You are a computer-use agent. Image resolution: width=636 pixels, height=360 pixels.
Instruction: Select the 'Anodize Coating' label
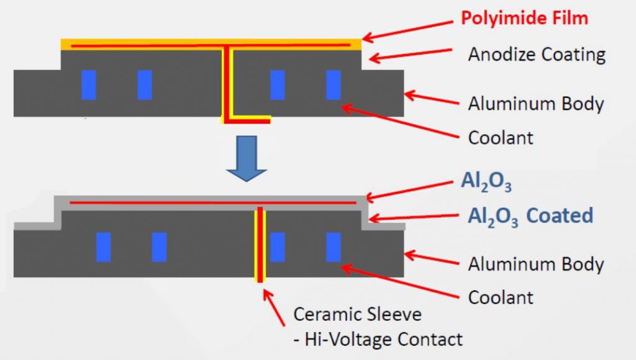pos(537,55)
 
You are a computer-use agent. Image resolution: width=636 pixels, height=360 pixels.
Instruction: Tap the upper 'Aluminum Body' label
pos(535,103)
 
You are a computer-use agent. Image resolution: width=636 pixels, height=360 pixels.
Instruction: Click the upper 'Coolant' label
pos(500,137)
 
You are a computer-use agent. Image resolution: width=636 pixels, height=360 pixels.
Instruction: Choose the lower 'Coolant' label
pos(500,297)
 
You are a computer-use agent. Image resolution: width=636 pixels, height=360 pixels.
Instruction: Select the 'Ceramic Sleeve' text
pos(357,314)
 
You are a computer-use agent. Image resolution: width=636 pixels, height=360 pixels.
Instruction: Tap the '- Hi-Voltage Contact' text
pos(378,339)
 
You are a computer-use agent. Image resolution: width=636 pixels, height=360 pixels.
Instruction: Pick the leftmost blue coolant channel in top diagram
pos(89,85)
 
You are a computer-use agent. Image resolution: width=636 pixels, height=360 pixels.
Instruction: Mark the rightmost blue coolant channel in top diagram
pos(334,85)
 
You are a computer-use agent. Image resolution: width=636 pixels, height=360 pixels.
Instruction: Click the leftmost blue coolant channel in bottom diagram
pos(104,247)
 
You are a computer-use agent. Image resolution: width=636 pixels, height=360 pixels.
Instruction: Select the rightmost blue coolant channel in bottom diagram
pos(334,247)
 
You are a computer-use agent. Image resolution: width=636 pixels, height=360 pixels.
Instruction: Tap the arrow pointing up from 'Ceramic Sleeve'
pos(277,306)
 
